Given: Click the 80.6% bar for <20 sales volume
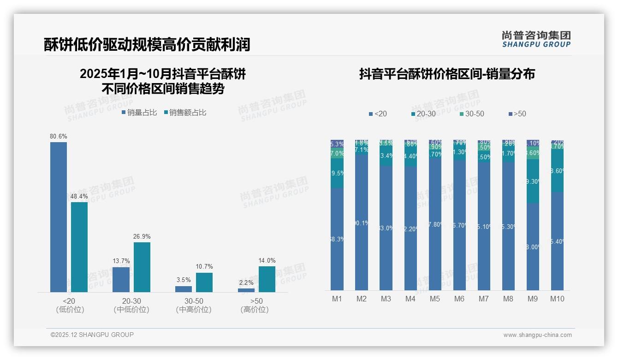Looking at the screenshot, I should tap(59, 217).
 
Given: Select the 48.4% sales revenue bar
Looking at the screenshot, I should tap(79, 247).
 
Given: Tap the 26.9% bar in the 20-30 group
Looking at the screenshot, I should tap(142, 267).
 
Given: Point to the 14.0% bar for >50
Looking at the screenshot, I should tap(267, 279).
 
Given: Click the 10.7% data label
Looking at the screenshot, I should tap(204, 267).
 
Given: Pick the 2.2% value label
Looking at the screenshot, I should tap(246, 282).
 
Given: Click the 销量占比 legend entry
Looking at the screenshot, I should tap(139, 113).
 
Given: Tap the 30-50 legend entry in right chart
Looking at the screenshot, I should tap(471, 114).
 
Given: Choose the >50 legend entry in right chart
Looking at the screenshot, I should tap(517, 114).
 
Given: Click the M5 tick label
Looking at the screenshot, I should tap(435, 299).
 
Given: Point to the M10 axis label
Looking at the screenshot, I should tap(557, 299).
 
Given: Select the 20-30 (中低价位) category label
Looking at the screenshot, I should tap(131, 305).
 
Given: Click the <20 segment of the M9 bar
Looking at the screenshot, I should tap(533, 247).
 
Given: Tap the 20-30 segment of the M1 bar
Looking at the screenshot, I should tap(337, 173).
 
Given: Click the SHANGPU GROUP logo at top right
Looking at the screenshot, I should tap(536, 39).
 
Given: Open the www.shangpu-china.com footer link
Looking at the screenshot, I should tap(537, 335).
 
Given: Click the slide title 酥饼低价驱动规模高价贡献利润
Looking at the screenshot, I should tap(147, 44).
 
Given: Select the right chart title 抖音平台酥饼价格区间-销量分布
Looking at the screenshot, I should tap(447, 74).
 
